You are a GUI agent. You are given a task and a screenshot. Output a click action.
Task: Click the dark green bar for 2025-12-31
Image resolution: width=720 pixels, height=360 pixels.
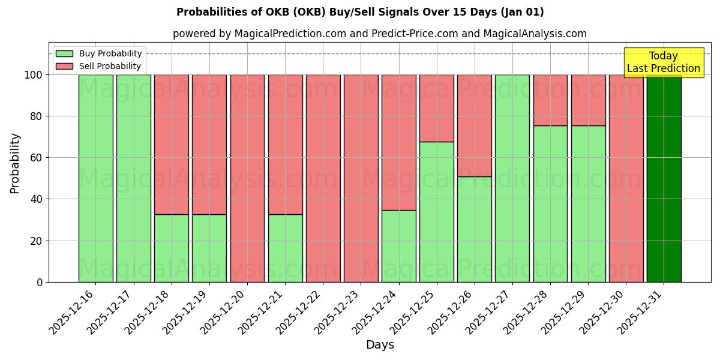point(664,178)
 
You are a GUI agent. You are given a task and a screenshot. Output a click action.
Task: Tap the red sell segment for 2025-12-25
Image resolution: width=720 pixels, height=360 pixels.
point(436,108)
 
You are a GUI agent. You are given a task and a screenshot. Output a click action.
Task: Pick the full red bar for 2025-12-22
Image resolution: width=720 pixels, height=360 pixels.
point(323,178)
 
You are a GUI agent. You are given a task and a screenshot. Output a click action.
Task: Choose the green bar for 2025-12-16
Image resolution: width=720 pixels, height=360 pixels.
point(95,178)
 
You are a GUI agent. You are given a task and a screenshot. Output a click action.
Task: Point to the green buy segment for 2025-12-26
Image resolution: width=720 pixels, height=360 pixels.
point(474,229)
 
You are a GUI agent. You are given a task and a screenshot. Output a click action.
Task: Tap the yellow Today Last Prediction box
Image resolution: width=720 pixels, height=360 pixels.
point(663,62)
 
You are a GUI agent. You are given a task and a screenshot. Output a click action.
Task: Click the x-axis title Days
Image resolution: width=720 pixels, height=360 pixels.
point(380,345)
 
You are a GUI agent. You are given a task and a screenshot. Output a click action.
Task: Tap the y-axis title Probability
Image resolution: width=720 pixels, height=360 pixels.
point(16,163)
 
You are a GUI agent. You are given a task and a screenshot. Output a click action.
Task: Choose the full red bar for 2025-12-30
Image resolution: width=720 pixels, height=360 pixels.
point(626,178)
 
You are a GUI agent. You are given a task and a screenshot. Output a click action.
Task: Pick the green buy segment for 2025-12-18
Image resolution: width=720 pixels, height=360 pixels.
point(172,248)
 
